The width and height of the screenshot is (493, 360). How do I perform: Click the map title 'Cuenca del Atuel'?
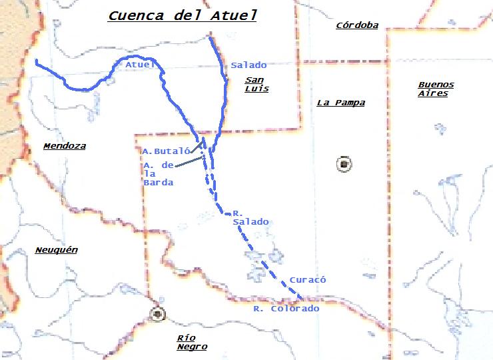pyautogui.click(x=182, y=15)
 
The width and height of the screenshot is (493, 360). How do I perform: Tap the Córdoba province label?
pyautogui.click(x=357, y=26)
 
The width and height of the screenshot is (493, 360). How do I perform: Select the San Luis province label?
pyautogui.click(x=256, y=84)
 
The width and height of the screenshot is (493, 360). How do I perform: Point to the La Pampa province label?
pyautogui.click(x=340, y=103)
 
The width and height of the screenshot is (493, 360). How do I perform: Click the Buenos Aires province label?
pyautogui.click(x=436, y=89)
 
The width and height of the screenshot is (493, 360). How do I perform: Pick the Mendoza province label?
pyautogui.click(x=64, y=146)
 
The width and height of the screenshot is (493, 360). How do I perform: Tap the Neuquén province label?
pyautogui.click(x=56, y=250)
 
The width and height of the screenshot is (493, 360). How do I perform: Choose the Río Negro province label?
pyautogui.click(x=191, y=342)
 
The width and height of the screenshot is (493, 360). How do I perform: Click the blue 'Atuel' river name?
pyautogui.click(x=139, y=65)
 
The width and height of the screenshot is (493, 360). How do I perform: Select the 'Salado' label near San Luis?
pyautogui.click(x=248, y=65)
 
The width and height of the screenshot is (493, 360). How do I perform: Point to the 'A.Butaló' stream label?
pyautogui.click(x=162, y=151)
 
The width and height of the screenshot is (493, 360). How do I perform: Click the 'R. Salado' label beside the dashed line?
pyautogui.click(x=250, y=217)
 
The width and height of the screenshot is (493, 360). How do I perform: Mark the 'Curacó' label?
pyautogui.click(x=308, y=281)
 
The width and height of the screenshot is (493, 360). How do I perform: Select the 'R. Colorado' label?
pyautogui.click(x=286, y=309)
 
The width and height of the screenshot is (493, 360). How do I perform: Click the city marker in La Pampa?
pyautogui.click(x=344, y=164)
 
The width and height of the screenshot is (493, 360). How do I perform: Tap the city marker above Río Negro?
pyautogui.click(x=158, y=313)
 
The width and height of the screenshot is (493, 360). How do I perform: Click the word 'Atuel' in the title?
pyautogui.click(x=233, y=15)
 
